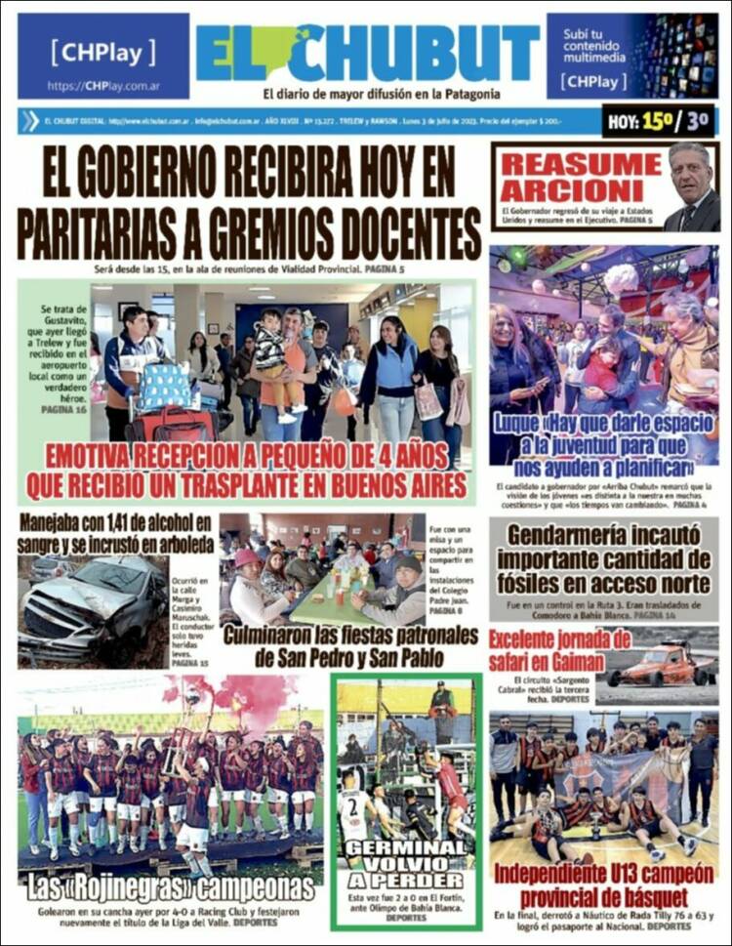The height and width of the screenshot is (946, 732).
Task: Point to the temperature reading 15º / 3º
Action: (659, 122)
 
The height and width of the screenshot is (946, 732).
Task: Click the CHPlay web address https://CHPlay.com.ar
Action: (102, 86)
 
